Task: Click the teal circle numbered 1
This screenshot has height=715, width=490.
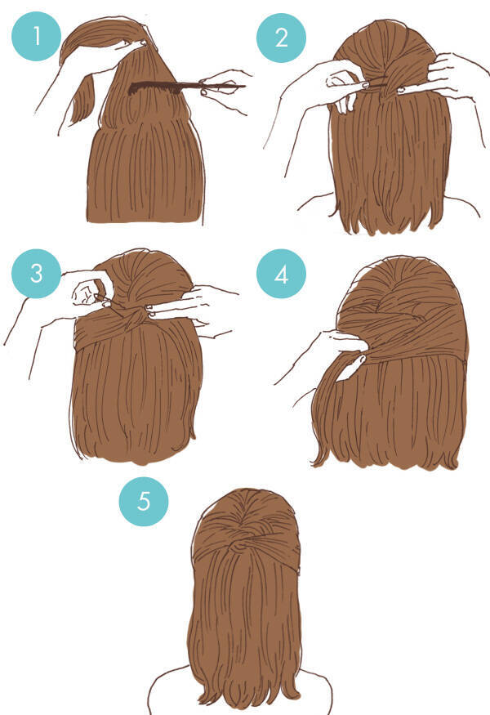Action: pos(36,36)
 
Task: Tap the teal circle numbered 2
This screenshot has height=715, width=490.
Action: pos(281,38)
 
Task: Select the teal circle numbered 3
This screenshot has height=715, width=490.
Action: pos(36,274)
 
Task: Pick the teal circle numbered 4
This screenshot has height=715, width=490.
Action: pos(281,274)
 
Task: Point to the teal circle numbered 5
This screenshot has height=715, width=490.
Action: pos(144,502)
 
